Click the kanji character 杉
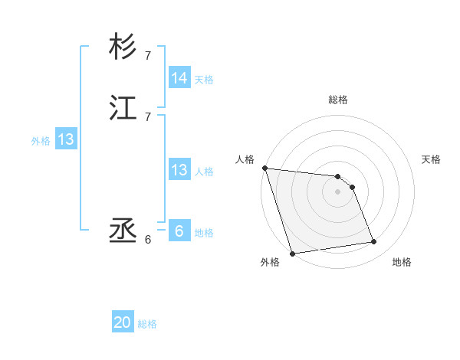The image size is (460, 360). tap(123, 47)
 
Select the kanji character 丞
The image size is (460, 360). tap(123, 231)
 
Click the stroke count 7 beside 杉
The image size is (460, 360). tap(148, 56)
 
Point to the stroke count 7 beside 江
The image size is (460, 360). tap(148, 116)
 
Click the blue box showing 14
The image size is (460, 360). tap(179, 78)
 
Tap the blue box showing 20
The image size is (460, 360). tap(123, 323)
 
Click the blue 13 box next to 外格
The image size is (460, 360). tap(66, 140)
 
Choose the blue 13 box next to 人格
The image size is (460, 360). tap(179, 171)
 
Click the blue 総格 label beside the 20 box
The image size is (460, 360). tap(147, 324)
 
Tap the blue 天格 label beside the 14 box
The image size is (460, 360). tap(204, 79)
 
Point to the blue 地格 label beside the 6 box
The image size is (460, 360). tap(204, 232)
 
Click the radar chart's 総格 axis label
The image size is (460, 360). tap(338, 100)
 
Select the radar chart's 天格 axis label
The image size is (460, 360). tap(431, 159)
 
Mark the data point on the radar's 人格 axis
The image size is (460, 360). tap(264, 168)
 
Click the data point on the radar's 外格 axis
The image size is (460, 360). tap(292, 253)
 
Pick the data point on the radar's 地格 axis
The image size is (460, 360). tap(374, 242)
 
